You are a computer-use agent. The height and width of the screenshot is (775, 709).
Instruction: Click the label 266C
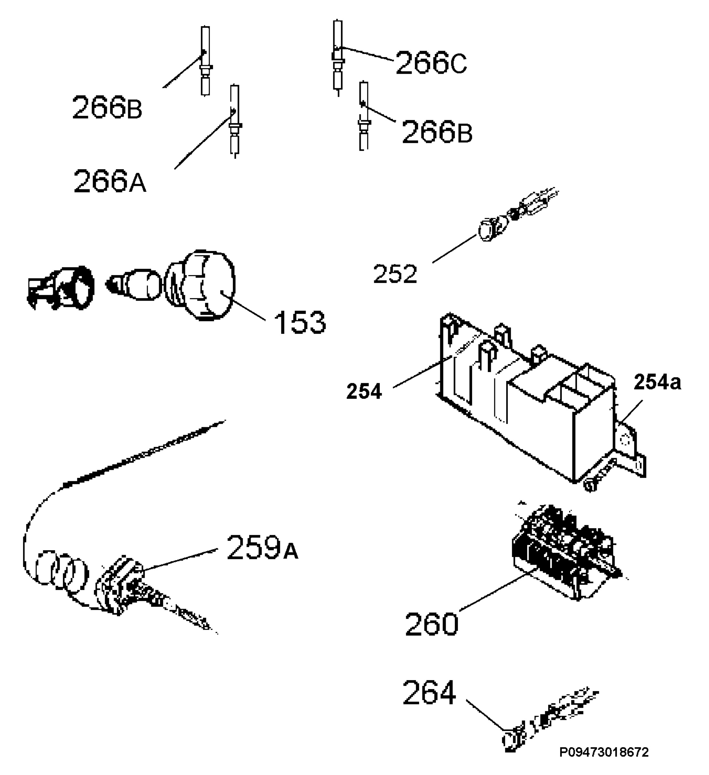[x=431, y=63]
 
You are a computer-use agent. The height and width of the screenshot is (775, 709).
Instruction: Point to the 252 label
[x=395, y=274]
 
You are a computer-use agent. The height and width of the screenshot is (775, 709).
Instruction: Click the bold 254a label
[x=657, y=383]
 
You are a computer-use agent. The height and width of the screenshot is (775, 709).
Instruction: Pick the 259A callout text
[x=262, y=547]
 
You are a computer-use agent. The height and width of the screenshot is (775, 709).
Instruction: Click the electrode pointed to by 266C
[x=338, y=58]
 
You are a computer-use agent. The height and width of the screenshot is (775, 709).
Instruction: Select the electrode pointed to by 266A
[x=234, y=121]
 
